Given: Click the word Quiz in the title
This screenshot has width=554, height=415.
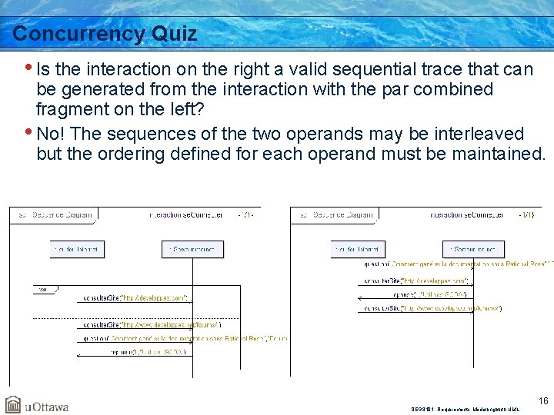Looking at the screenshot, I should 175,34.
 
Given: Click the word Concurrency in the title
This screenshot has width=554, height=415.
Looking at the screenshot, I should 78,34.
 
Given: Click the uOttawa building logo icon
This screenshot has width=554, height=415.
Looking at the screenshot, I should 13,404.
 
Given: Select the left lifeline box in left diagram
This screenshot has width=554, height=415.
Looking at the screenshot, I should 77,249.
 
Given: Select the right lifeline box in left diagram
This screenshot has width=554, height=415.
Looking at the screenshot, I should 192,249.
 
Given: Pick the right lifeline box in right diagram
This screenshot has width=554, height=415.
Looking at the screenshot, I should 474,249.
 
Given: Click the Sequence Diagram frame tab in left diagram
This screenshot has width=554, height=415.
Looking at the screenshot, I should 52,215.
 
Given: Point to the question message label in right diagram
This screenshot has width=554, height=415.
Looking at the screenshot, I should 458,264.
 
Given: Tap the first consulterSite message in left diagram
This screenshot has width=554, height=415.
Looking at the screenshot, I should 134,297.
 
